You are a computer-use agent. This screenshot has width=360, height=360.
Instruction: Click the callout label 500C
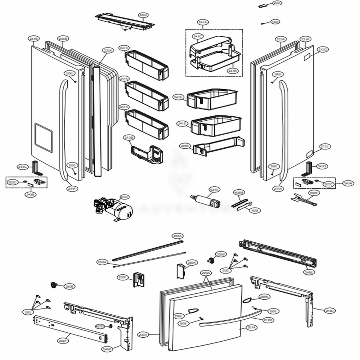coord(143,15)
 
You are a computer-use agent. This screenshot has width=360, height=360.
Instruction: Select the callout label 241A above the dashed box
coord(203,22)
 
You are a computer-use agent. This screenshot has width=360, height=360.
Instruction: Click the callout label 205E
coord(185,145)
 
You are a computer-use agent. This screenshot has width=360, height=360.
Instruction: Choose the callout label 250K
coord(192,262)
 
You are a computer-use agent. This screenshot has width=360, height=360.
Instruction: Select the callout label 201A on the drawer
coord(251,327)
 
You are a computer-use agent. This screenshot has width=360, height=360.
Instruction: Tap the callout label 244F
coord(72,188)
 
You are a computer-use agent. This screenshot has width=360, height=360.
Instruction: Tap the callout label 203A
coord(143,334)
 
